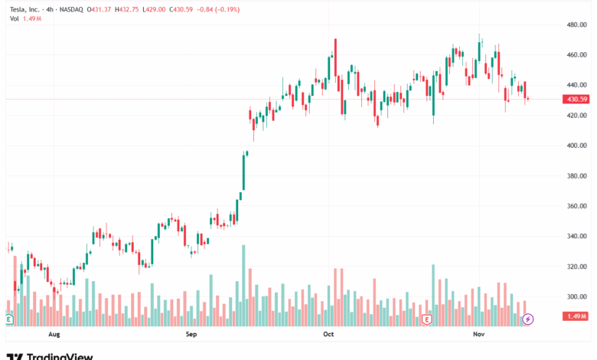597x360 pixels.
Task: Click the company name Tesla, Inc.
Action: click(23, 9)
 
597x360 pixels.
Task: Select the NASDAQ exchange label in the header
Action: click(72, 9)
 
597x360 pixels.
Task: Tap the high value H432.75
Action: click(135, 9)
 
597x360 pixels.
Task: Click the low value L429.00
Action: click(168, 9)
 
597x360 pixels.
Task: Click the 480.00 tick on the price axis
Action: click(576, 25)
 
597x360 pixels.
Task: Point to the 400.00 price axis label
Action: click(576, 146)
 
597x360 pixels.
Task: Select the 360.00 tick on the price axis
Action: click(576, 206)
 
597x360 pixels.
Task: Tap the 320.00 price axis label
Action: click(576, 267)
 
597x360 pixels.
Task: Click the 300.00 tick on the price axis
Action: click(576, 296)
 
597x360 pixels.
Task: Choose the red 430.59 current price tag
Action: click(576, 100)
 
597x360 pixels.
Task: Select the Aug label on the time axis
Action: click(54, 335)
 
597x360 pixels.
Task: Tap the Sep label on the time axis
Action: click(191, 335)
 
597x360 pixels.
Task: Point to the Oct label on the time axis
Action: click(328, 335)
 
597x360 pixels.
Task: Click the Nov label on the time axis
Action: click(478, 335)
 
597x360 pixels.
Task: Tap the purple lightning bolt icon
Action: click(527, 319)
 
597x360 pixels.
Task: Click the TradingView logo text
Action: click(60, 355)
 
